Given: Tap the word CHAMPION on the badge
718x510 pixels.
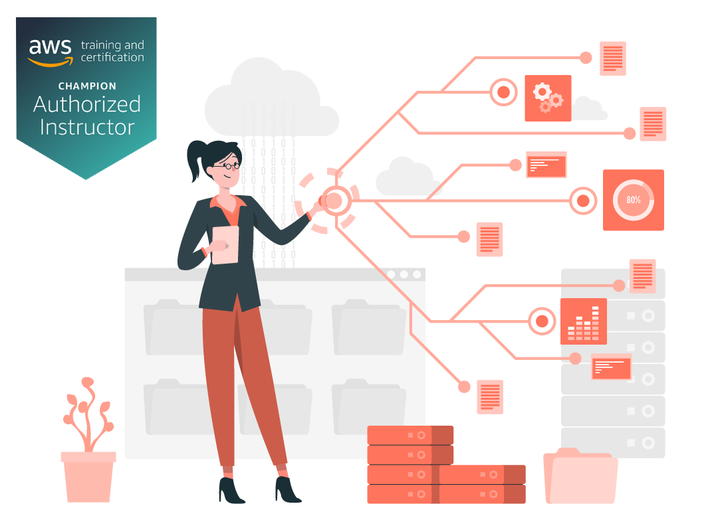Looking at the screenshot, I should pos(87,86).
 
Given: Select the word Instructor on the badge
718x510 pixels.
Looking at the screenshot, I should pos(87,127).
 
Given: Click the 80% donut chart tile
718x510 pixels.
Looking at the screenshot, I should pos(633,200).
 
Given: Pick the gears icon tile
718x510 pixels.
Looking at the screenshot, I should pos(548,98).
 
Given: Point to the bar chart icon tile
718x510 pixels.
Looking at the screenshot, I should pos(583,321).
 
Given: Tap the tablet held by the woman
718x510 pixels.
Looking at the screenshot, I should pos(225,245).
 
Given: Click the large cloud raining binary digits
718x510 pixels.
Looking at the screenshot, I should pos(269,100).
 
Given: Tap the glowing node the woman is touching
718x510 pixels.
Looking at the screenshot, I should pos(334,200).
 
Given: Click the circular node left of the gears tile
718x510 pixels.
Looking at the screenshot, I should pos(503,92).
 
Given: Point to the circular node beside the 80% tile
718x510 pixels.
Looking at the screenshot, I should pos(583,200).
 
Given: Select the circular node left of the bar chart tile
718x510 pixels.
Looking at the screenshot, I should pos(542,321).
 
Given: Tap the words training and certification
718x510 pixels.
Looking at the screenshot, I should pos(112,51).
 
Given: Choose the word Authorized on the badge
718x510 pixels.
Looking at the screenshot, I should pos(87,104).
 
